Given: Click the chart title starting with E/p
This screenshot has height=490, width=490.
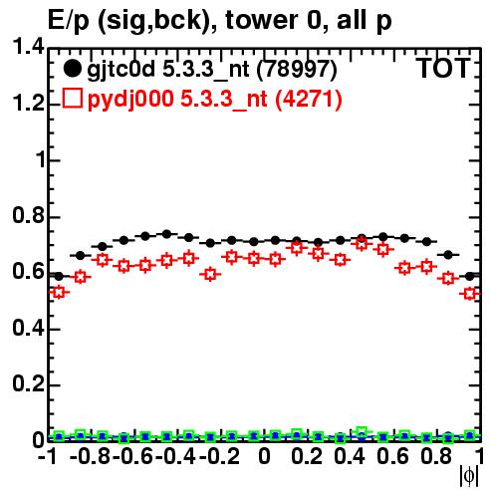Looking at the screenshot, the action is pos(220,20).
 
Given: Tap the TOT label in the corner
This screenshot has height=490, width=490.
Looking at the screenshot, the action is pos(443,69).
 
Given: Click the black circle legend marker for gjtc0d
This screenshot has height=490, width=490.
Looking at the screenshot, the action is pos(72,69).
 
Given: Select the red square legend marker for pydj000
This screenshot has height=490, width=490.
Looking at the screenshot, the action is pos(72,98).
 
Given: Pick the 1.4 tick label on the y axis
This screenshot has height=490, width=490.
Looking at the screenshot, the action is pos(28,47).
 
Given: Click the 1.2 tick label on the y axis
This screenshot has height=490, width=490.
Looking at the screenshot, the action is pos(28,103).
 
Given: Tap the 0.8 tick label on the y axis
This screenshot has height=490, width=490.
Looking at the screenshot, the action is pos(28,215).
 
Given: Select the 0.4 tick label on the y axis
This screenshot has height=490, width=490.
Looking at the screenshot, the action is pos(28,328).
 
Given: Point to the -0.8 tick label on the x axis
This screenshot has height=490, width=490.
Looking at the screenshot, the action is pos(91,456).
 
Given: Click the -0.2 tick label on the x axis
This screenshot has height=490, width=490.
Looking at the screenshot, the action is pos(219,456).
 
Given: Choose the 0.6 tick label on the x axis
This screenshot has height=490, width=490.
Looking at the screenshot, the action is pos(392,456).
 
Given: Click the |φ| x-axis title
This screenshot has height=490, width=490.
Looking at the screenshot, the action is pos(469,476).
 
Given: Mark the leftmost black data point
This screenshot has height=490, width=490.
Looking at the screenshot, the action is pos(59,276).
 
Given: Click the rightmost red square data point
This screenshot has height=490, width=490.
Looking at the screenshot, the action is pos(469,294).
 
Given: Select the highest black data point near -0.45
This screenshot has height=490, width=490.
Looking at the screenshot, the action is pos(167,234).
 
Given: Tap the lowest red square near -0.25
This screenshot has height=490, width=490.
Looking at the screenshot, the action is pos(210,275).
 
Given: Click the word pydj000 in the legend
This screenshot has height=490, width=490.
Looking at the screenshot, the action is pos(130,100).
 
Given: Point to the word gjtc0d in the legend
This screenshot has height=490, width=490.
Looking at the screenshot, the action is pos(122,70).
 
